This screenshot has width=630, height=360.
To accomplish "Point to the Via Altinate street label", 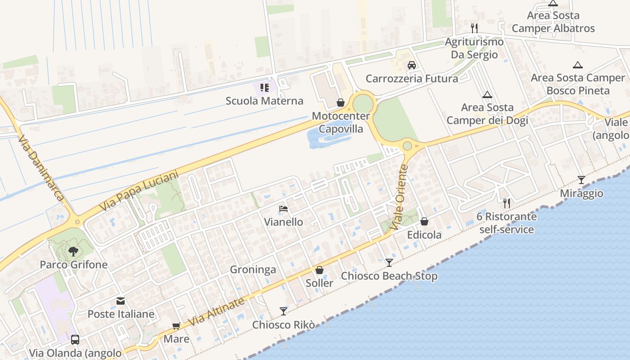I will (x=216, y=312).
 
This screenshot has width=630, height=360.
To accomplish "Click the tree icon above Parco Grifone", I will (x=73, y=252).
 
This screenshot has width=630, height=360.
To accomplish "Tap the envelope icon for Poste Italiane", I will (x=121, y=301).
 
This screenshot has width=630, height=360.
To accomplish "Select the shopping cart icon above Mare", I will (x=176, y=326).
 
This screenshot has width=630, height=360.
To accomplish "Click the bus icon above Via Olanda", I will (x=75, y=339).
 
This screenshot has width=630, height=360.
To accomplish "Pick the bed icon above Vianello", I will (x=283, y=209).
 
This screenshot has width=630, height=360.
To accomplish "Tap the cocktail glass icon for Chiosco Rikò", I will (x=283, y=311).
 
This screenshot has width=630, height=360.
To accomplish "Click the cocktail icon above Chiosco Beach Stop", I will (x=389, y=262).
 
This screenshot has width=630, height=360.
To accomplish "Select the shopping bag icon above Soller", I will (x=319, y=270).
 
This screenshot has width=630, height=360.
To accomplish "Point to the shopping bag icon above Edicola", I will (x=424, y=221).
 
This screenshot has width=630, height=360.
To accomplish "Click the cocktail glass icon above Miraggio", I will (x=581, y=180).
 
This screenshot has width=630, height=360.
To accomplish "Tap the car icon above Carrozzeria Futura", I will (x=411, y=65).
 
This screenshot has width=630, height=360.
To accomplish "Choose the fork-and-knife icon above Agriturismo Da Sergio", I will (x=474, y=28).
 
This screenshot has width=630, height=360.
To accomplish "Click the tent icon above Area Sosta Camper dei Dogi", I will (x=487, y=94).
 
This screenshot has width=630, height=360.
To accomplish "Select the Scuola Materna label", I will (x=265, y=101).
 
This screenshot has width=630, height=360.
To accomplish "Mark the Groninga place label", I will (x=253, y=270).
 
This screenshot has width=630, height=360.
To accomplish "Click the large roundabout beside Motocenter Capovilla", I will (x=363, y=104).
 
